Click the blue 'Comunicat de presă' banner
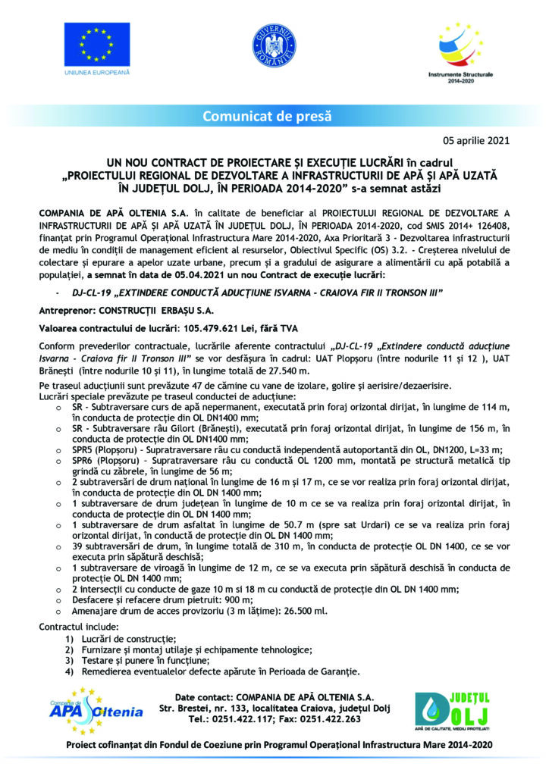point(267,116)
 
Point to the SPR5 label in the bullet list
point(83,449)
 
